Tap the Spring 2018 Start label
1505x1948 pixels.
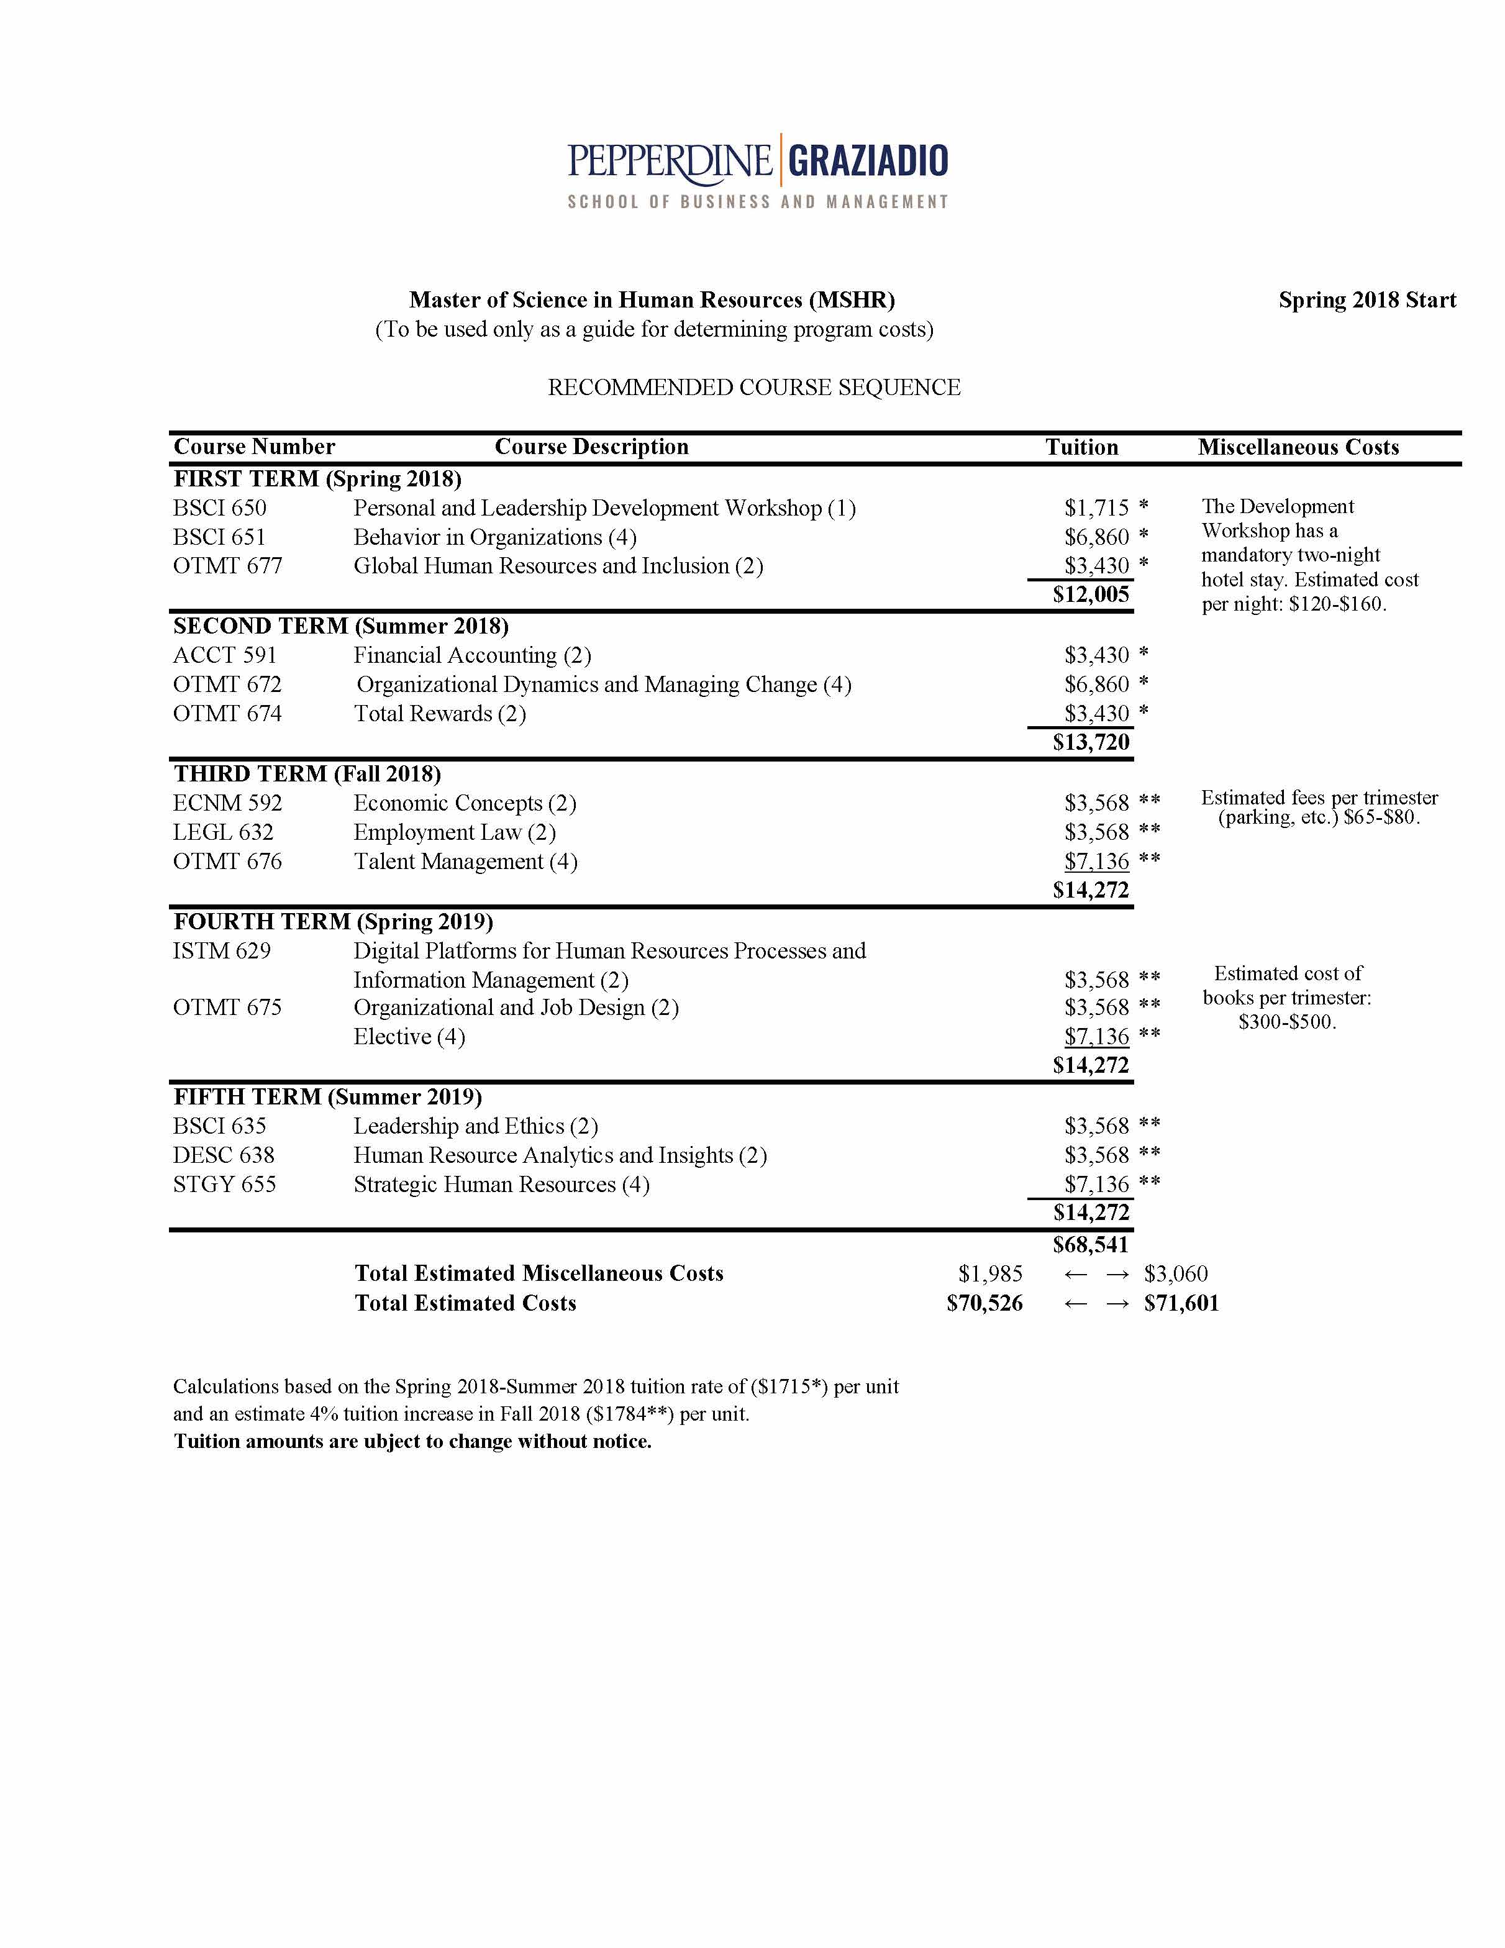click(x=1366, y=299)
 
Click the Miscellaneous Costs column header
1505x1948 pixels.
click(x=1298, y=447)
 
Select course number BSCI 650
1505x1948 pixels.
click(x=219, y=507)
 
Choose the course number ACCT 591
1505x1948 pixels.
click(x=225, y=655)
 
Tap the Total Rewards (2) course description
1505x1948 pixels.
click(x=440, y=714)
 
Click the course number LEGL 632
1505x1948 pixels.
click(x=223, y=832)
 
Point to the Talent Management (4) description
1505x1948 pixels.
click(x=465, y=862)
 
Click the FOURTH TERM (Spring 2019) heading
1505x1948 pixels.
click(x=333, y=921)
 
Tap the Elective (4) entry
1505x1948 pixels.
click(x=409, y=1037)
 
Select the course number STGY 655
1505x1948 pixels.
click(x=224, y=1185)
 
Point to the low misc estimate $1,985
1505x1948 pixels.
click(x=990, y=1273)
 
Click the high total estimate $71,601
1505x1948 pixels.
click(x=1181, y=1303)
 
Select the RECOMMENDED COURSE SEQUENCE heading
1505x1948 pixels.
click(x=754, y=387)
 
